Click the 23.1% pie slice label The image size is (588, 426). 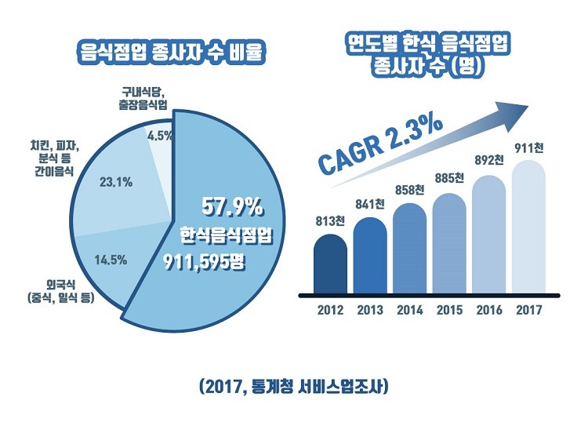coord(116,183)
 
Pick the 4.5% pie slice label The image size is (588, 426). coord(160,135)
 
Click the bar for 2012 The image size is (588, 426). coord(330,262)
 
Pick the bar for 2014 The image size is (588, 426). coord(409,248)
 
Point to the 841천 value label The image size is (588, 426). coord(369,205)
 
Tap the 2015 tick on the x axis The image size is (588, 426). coord(449,310)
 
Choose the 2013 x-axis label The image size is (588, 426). coord(369,310)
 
